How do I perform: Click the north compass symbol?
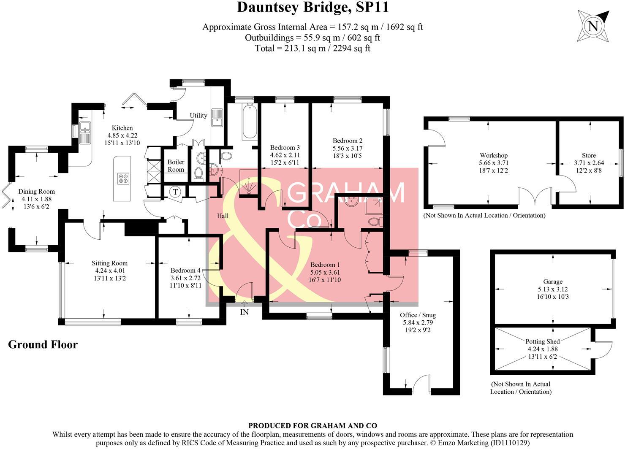[593, 26]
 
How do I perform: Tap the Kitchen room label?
[122, 128]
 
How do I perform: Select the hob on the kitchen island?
[123, 179]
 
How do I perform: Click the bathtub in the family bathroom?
[250, 122]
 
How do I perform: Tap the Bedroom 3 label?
[285, 148]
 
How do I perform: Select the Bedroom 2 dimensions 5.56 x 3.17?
[347, 148]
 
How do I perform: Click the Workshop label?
[493, 155]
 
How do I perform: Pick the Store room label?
[589, 155]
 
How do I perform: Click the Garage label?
[553, 281]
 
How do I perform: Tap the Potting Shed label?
[543, 341]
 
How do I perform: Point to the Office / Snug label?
[418, 315]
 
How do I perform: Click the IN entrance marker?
[245, 312]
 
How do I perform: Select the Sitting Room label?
[110, 263]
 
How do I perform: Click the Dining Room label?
[36, 191]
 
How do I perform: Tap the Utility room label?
[198, 115]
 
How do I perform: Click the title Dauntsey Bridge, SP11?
[312, 7]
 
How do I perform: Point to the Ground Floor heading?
[43, 344]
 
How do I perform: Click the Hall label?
[223, 216]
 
